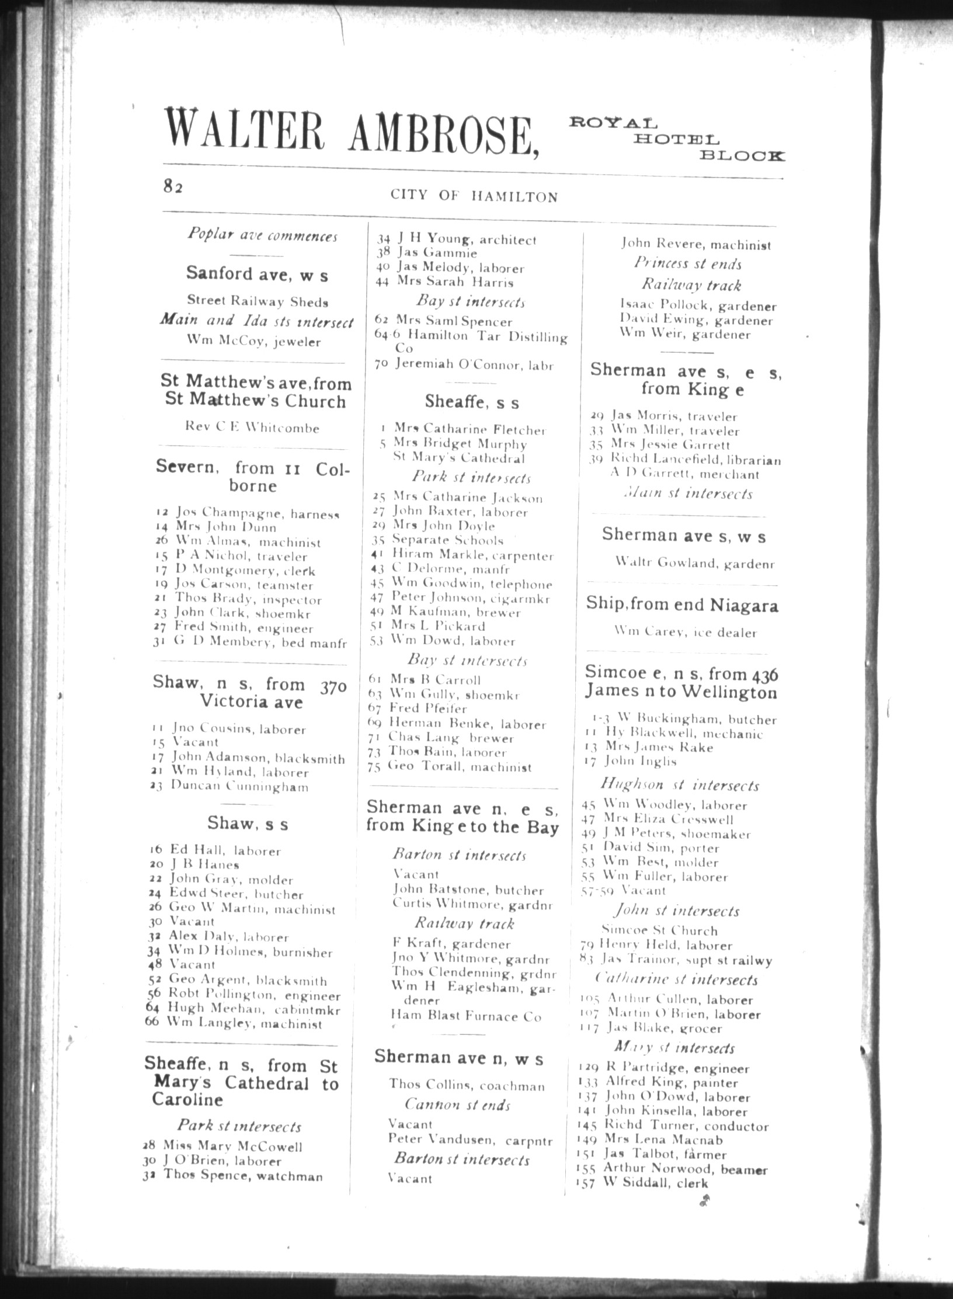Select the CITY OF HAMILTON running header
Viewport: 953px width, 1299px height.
click(x=474, y=196)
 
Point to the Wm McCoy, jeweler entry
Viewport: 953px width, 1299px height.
click(x=254, y=341)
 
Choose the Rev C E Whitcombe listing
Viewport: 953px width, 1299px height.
click(x=252, y=428)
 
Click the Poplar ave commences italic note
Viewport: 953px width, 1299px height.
click(x=262, y=235)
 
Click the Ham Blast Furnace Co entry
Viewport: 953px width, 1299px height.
click(x=466, y=1017)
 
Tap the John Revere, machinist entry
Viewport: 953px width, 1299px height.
click(x=695, y=245)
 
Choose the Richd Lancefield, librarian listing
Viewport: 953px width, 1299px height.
click(x=686, y=460)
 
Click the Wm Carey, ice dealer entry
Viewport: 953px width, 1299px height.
click(x=686, y=632)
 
